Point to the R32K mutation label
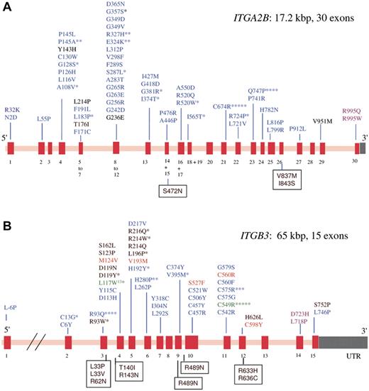coord(13,111)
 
